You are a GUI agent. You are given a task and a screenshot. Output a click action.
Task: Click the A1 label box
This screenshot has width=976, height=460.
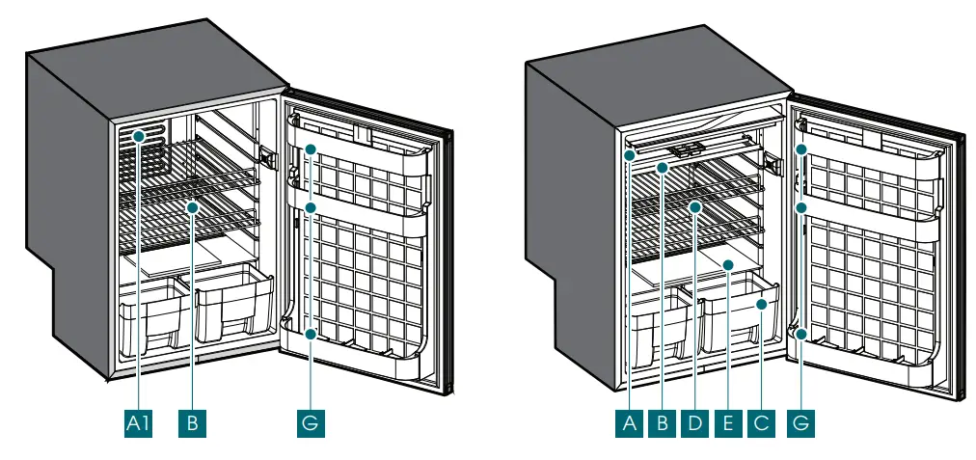tap(139, 422)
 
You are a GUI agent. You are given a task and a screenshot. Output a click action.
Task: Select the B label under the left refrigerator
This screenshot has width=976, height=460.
tap(192, 422)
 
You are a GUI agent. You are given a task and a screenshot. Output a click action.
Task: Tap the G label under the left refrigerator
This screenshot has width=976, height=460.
tap(311, 422)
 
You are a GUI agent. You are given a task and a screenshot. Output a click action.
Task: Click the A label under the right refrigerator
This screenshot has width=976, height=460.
tap(631, 422)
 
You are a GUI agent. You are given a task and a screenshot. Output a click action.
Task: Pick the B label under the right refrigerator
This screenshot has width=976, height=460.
tap(663, 422)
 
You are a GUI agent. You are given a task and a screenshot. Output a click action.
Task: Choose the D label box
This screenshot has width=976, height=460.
tap(694, 422)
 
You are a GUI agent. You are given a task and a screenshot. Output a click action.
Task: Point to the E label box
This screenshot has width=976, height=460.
tap(727, 422)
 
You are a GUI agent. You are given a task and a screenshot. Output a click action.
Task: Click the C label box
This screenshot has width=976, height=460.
tap(760, 422)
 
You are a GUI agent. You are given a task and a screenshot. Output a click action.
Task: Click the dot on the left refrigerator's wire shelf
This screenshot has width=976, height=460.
tap(192, 206)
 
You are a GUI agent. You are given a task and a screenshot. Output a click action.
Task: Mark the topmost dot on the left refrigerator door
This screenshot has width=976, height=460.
tap(311, 150)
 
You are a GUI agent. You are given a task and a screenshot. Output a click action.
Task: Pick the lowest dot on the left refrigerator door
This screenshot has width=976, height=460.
tap(311, 334)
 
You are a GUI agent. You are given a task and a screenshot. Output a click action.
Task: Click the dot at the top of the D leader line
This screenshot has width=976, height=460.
tap(694, 206)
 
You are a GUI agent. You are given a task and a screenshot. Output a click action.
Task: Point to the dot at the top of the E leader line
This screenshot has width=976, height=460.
tap(727, 263)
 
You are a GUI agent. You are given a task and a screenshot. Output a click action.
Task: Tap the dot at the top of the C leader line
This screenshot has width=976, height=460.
tap(761, 305)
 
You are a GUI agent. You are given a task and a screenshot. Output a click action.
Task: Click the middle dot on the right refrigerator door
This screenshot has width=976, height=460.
tap(801, 206)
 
